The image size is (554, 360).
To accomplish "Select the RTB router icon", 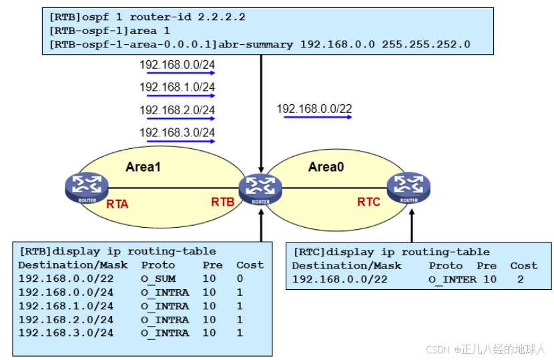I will (261, 188).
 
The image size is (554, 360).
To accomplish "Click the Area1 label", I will (143, 167).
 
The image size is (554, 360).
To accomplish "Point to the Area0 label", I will (326, 167).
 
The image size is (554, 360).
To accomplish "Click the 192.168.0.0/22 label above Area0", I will (314, 108).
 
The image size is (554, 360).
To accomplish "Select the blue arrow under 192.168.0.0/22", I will (318, 118).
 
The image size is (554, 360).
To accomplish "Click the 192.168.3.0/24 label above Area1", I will (177, 133).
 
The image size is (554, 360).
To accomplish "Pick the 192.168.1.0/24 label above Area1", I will (177, 87).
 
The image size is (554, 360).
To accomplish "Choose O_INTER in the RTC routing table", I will (452, 279).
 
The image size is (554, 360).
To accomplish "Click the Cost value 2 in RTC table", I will (520, 279).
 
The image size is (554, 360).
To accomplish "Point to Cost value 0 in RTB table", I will (240, 279).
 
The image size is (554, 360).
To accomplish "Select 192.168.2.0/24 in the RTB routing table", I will (65, 319).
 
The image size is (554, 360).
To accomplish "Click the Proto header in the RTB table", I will (158, 264).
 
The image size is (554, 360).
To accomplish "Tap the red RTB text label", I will (223, 202).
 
